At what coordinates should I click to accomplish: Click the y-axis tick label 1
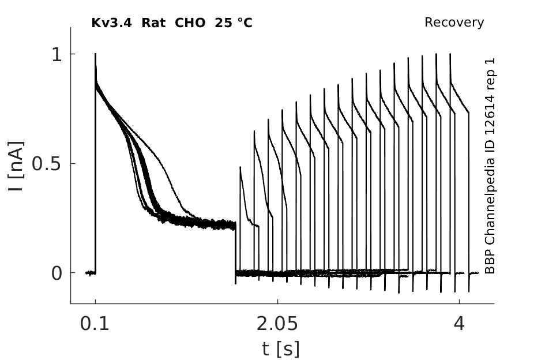click(57, 55)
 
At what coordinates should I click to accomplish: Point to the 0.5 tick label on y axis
click(47, 164)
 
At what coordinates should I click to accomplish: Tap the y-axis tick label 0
click(57, 273)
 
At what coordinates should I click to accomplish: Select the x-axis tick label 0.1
click(95, 324)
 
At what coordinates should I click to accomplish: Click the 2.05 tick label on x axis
click(277, 324)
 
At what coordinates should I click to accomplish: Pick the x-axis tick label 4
click(459, 324)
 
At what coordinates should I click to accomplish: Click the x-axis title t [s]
click(280, 349)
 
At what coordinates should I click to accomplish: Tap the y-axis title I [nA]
click(16, 166)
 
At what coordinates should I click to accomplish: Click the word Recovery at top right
click(454, 22)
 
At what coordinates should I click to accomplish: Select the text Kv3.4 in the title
click(111, 23)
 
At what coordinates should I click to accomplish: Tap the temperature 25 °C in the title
click(234, 23)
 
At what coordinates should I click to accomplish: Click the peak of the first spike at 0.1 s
click(95, 54)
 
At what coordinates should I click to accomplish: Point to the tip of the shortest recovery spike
click(240, 167)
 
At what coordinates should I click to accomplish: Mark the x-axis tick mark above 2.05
click(277, 301)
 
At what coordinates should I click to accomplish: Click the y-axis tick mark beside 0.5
click(73, 163)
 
